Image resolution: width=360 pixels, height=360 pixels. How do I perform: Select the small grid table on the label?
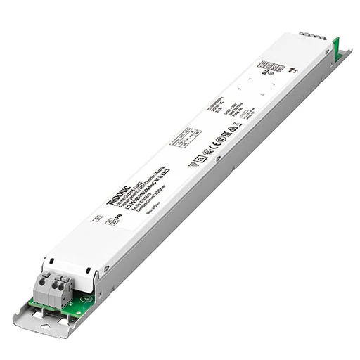pyautogui.click(x=188, y=136)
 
